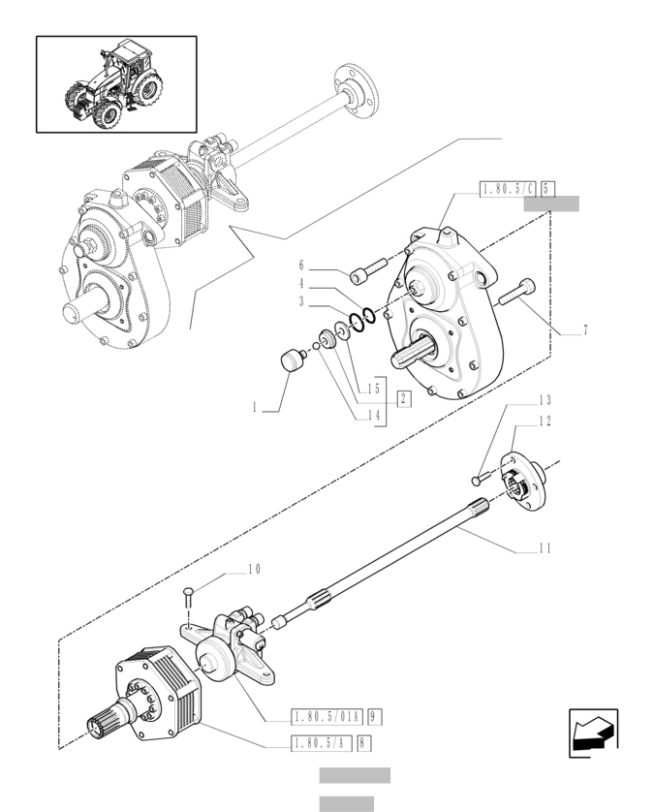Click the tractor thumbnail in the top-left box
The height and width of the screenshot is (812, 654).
click(x=116, y=84)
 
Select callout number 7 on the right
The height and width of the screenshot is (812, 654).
click(x=585, y=330)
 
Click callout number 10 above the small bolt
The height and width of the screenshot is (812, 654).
click(x=253, y=568)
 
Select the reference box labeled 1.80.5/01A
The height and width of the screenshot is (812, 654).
click(x=327, y=718)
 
